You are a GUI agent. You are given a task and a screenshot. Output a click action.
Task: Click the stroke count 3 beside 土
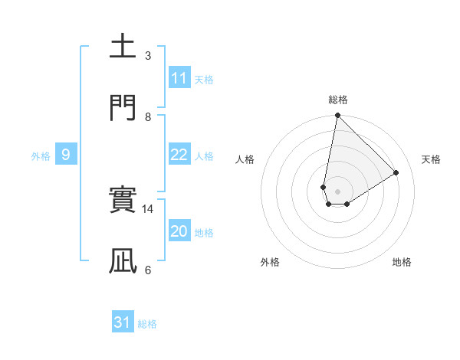pos(148,56)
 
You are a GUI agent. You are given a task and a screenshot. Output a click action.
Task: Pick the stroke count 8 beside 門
pos(148,116)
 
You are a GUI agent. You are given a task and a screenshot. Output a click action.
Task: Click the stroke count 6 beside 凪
pos(148,270)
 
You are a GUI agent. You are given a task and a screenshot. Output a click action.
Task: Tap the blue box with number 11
pos(179,78)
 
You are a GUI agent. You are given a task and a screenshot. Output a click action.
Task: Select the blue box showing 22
pos(179,155)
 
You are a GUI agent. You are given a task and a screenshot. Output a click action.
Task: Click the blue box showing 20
pos(179,231)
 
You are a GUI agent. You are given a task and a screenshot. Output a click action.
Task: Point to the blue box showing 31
pos(123,322)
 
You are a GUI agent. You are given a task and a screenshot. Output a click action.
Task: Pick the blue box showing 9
pos(66,155)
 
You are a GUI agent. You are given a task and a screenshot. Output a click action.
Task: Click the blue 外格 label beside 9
pos(41,156)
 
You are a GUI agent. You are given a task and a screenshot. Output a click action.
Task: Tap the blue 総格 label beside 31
pos(147,324)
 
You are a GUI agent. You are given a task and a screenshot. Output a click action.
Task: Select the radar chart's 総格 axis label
pos(338,100)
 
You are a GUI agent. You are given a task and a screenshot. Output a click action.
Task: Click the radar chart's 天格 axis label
pos(431,159)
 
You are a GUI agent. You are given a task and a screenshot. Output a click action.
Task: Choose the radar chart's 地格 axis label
pos(402,262)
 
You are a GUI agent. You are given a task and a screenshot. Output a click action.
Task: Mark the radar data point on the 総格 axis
pos(337,116)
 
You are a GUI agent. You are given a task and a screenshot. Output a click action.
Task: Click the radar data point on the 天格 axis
pos(396,172)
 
